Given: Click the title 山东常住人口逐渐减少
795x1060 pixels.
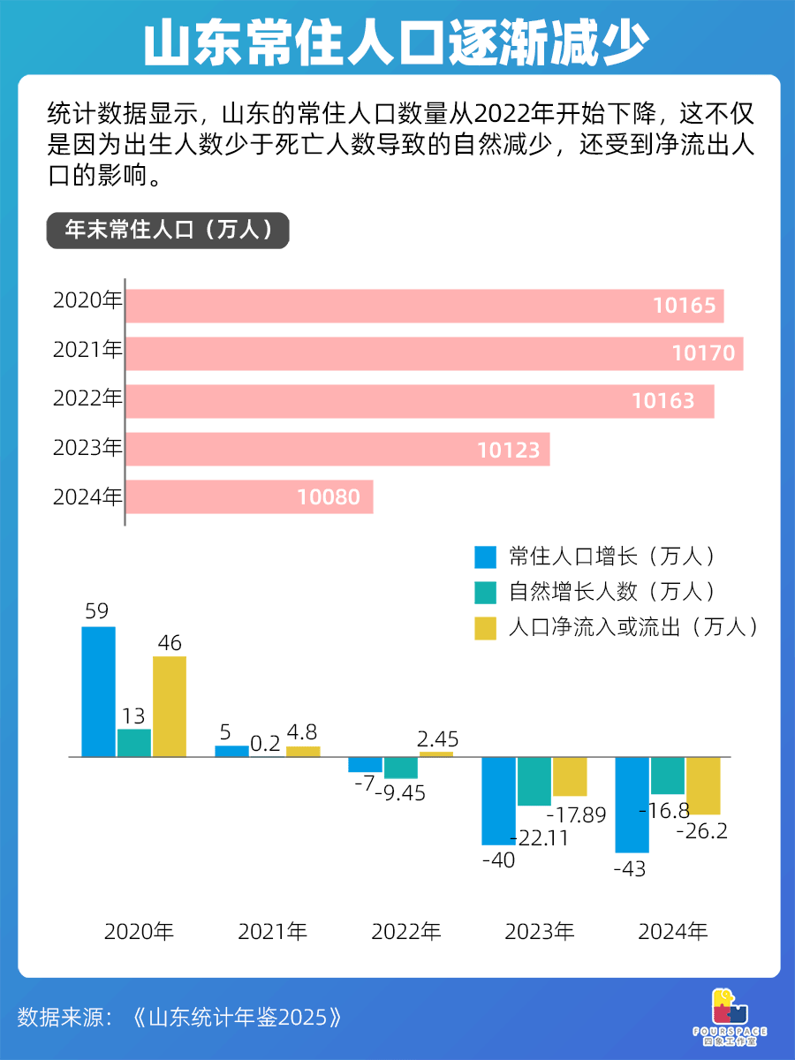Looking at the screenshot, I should [397, 41].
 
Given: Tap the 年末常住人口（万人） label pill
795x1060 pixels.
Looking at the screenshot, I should [168, 231].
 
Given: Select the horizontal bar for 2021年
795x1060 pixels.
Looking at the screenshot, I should [433, 353].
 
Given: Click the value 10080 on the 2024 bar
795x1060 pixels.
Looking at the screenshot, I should [329, 497].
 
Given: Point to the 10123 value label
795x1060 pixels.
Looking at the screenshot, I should [508, 450].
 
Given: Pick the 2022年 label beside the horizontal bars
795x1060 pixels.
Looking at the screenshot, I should [87, 400].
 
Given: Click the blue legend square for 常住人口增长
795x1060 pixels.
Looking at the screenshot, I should [486, 557].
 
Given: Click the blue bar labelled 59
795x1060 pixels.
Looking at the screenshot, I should [98, 692].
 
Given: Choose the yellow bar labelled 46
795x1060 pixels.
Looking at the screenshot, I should [170, 707].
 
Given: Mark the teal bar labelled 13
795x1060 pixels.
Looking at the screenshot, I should [134, 743].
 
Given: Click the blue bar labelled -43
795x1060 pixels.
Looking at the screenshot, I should [632, 805].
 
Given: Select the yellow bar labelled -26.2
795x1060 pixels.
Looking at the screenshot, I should [703, 786].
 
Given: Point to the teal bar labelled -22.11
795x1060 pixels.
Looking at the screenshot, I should [534, 782].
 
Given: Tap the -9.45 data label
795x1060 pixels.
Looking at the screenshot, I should [399, 792].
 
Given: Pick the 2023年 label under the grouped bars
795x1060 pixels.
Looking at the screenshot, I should [539, 932].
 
